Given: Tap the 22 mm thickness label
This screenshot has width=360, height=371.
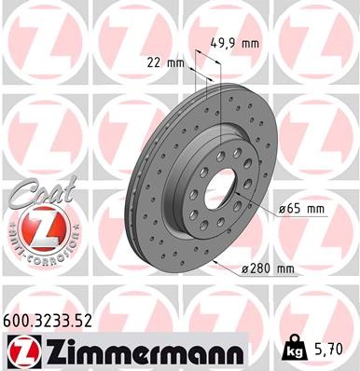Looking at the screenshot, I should pos(166,63).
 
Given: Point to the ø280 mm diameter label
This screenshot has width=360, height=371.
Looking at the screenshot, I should pos(268,269).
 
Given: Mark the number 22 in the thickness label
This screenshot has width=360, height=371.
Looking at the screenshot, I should pos(155,63).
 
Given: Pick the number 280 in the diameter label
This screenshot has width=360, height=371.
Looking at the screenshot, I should pos(260,269).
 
